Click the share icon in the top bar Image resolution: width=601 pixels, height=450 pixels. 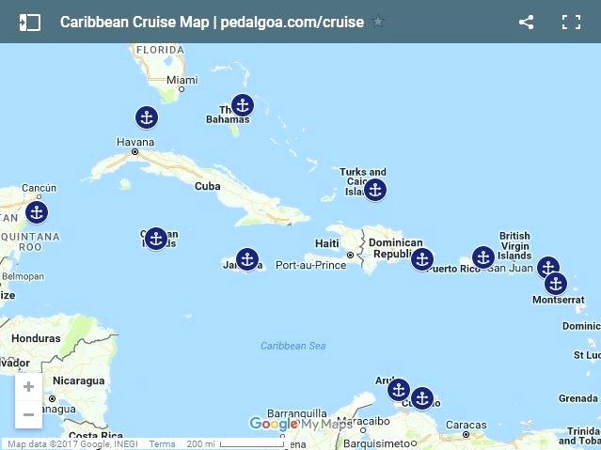pos(526,22)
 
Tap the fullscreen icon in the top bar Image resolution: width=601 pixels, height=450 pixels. pos(571,22)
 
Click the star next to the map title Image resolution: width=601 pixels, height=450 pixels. pos(378,22)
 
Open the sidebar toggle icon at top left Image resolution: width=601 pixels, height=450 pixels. pos(29,22)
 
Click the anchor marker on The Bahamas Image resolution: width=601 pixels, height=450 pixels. pos(243,105)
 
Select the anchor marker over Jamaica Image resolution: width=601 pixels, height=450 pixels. pos(246,259)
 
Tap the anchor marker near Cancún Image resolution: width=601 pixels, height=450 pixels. pos(36,212)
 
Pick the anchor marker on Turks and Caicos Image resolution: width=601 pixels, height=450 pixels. pos(374,190)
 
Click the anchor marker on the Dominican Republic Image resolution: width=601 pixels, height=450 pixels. pos(422,259)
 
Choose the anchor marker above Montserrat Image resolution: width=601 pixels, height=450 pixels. pos(556,283)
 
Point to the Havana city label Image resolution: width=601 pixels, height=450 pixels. pos(135,143)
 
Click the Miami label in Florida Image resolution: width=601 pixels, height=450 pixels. pos(182,81)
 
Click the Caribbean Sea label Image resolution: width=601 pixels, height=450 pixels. pos(293,346)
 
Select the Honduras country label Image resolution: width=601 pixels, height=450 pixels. pos(36,338)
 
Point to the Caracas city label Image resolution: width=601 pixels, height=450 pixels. pos(466,425)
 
